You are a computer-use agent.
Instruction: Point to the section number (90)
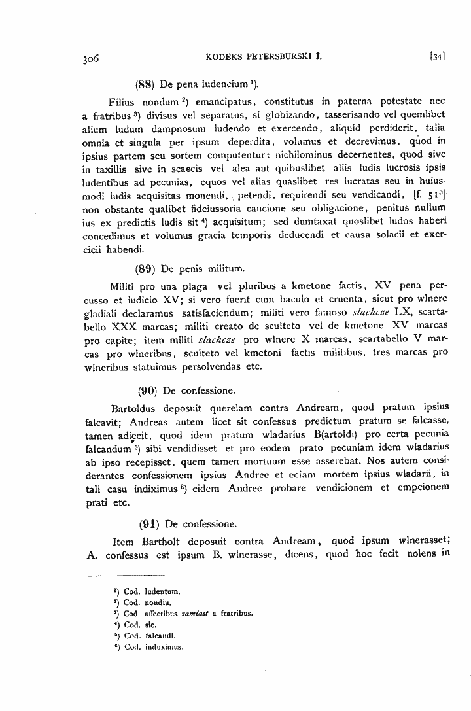click(147, 392)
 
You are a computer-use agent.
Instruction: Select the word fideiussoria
click(190, 211)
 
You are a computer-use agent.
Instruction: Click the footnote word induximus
click(164, 650)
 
